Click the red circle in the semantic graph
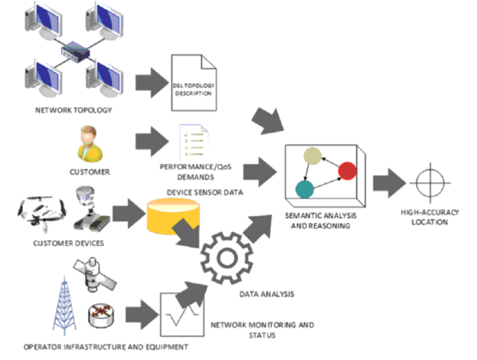click(347, 170)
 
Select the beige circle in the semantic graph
click(312, 156)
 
